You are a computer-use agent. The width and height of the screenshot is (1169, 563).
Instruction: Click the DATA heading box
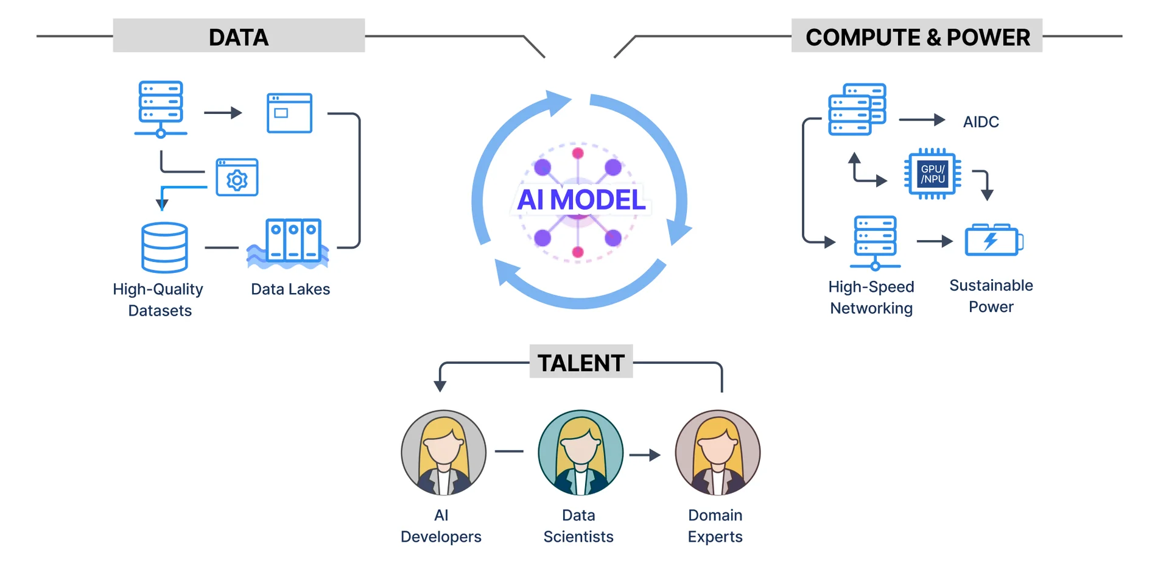[239, 37]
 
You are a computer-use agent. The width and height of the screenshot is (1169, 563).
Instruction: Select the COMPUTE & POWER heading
[917, 37]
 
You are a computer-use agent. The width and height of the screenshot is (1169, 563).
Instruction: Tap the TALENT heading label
[581, 363]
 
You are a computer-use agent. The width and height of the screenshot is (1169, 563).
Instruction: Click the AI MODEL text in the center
[581, 200]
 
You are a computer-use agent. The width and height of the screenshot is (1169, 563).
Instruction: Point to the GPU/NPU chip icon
[932, 174]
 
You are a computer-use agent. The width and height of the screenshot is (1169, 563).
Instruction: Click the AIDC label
[981, 122]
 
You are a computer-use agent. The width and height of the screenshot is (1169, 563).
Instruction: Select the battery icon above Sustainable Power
[993, 240]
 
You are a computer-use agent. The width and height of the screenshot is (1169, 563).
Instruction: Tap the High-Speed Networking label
[871, 297]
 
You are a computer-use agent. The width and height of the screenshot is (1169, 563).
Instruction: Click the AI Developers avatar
[443, 452]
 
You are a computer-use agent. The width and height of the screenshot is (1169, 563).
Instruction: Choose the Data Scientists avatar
[580, 452]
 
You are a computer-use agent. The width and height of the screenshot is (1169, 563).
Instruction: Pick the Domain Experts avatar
[717, 452]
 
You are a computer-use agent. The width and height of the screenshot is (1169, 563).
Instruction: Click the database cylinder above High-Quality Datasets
[164, 247]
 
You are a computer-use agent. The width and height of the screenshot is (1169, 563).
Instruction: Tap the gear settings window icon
[237, 177]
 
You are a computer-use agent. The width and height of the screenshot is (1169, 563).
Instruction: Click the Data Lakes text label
[290, 289]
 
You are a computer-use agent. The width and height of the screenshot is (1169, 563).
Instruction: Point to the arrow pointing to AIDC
[922, 120]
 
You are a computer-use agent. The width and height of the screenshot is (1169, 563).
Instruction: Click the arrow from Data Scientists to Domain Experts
[645, 455]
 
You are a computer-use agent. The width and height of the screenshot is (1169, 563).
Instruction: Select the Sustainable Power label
[991, 296]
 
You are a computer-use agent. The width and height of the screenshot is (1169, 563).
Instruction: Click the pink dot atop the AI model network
[578, 153]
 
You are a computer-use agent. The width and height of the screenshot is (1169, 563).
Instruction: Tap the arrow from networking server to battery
[935, 241]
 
